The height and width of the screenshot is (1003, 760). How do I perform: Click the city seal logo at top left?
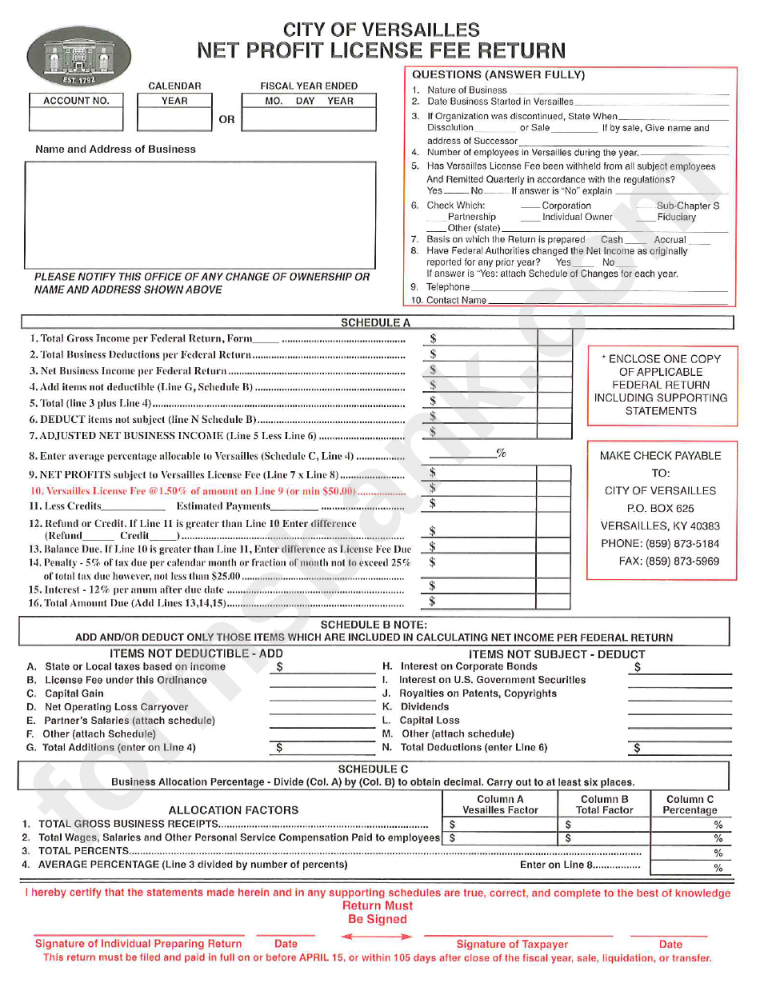point(79,57)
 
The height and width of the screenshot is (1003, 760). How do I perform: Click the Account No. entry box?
point(76,119)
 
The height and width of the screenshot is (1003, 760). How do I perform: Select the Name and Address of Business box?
point(200,214)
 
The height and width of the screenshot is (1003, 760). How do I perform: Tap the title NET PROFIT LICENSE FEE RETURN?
point(382,51)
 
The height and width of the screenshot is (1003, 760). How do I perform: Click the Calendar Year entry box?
point(174,119)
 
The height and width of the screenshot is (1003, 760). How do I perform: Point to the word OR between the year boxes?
point(227,119)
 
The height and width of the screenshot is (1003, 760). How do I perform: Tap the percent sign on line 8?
point(502,454)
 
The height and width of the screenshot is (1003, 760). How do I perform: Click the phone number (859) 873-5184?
point(660,544)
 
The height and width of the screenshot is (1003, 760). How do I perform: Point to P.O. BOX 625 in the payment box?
point(660,508)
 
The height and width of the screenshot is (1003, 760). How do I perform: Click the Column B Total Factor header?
point(604,805)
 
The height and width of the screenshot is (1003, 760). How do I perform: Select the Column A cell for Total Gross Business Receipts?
point(500,824)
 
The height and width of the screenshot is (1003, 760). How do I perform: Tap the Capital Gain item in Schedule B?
point(74,693)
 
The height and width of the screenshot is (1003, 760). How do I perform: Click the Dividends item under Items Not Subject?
point(424,707)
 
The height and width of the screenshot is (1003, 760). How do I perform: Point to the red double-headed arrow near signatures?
point(370,937)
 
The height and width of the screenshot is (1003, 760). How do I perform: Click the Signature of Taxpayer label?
point(512,945)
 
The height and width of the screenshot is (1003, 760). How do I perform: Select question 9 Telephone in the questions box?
point(448,287)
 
